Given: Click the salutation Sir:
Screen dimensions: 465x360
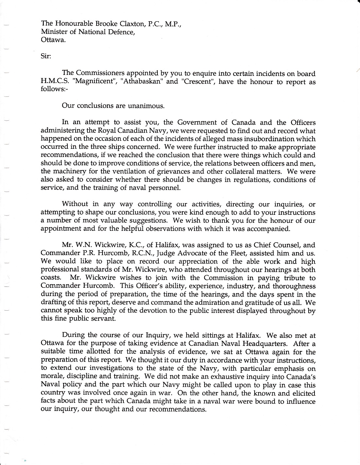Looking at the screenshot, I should click(x=46, y=56).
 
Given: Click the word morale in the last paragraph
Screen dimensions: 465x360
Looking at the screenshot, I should click(x=51, y=377).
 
